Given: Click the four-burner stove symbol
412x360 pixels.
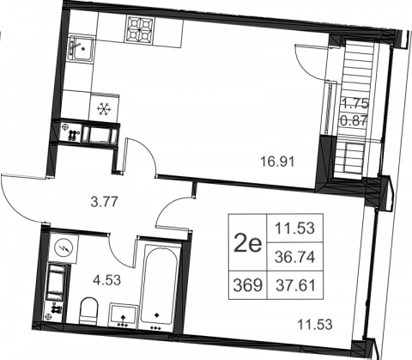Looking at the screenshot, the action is (139, 30).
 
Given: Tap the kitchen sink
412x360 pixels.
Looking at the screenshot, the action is (81, 48).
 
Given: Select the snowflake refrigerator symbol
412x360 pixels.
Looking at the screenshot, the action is (103, 109).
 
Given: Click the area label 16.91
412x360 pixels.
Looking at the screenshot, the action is (277, 162).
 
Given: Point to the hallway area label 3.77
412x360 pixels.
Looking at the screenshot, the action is (104, 202).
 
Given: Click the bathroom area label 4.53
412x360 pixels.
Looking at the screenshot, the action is (106, 280).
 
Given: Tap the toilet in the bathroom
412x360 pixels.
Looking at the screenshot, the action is (89, 311).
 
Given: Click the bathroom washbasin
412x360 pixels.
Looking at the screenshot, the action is (123, 315).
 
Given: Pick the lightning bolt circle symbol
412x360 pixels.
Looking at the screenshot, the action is (64, 248).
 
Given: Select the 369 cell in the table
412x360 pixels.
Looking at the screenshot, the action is (248, 285).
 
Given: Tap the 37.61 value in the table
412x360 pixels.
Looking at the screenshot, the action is (295, 285).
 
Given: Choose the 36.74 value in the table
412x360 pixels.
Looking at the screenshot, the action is (295, 257).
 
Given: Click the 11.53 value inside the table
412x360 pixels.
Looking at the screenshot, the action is (294, 229).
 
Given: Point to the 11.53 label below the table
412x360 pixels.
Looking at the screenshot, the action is (315, 325).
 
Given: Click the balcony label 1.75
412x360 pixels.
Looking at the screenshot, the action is (355, 104).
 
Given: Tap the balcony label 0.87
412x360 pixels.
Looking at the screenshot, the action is (354, 121).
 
